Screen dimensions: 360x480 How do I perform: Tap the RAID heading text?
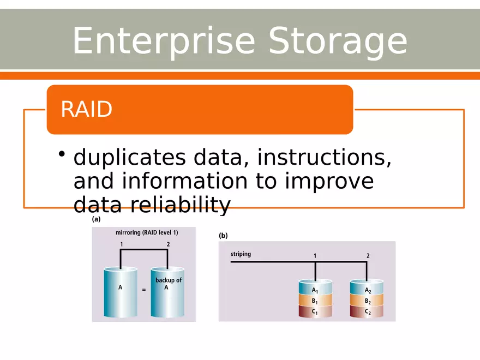[x=86, y=110]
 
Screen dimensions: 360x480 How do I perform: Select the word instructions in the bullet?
[x=324, y=158]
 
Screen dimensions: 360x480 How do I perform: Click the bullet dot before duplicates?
[x=63, y=153]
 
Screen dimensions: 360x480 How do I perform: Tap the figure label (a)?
[x=96, y=220]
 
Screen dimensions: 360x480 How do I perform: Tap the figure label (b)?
[x=223, y=236]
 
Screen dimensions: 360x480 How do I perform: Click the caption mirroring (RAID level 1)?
[x=147, y=232]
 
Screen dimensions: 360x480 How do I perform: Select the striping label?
[x=241, y=254]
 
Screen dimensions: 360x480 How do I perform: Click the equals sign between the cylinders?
[x=144, y=290]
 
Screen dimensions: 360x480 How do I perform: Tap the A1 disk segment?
[x=315, y=290]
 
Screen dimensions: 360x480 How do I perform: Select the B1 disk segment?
[x=315, y=301]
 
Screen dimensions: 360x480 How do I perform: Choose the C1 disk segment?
[x=315, y=311]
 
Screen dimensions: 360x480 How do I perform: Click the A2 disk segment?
[x=367, y=290]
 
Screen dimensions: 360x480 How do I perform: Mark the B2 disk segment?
[x=367, y=301]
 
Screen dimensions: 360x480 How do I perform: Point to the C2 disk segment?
[x=367, y=311]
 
